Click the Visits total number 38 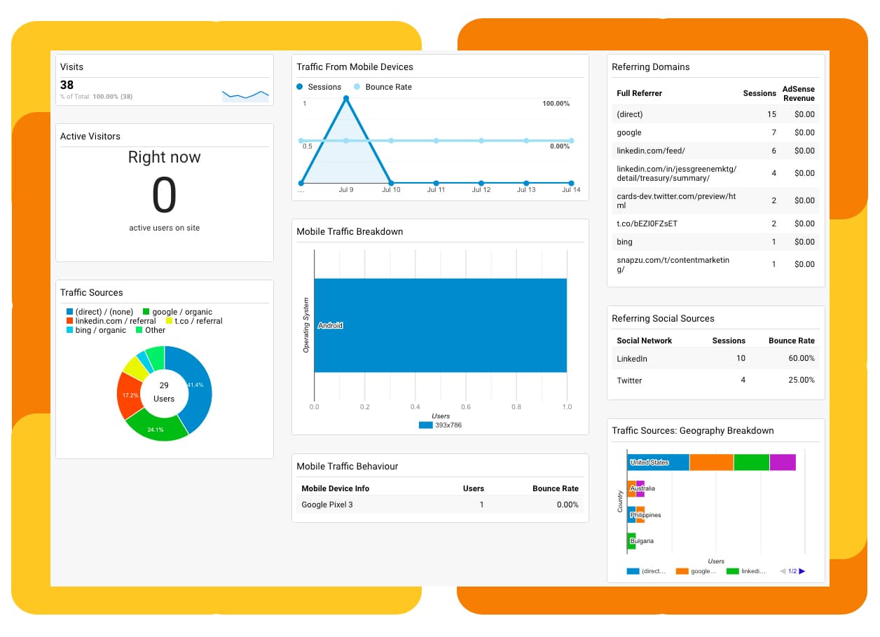67,85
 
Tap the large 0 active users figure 164,196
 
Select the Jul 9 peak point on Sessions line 346,98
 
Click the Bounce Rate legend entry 387,87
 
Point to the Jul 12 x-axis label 481,190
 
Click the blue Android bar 440,325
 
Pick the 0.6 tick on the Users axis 466,406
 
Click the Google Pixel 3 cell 327,505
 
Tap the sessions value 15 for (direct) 771,114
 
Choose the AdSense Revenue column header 798,93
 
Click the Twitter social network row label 629,380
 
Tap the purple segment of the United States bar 783,463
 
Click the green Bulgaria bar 631,541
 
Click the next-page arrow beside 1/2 802,571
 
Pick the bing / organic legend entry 101,330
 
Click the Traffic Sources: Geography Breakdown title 692,430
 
